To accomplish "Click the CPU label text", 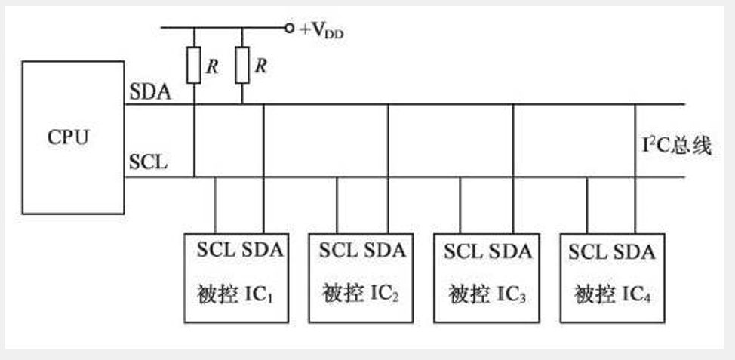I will (x=68, y=137).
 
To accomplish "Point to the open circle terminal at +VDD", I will (x=289, y=29).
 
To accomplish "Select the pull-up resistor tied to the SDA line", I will (x=242, y=66).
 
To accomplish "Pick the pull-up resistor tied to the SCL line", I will (x=194, y=66).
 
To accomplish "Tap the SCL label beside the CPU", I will (x=149, y=162).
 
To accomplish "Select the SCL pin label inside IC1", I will (x=216, y=250).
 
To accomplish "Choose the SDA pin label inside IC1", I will (x=262, y=250).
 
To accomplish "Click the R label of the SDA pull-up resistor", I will (x=260, y=66).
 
